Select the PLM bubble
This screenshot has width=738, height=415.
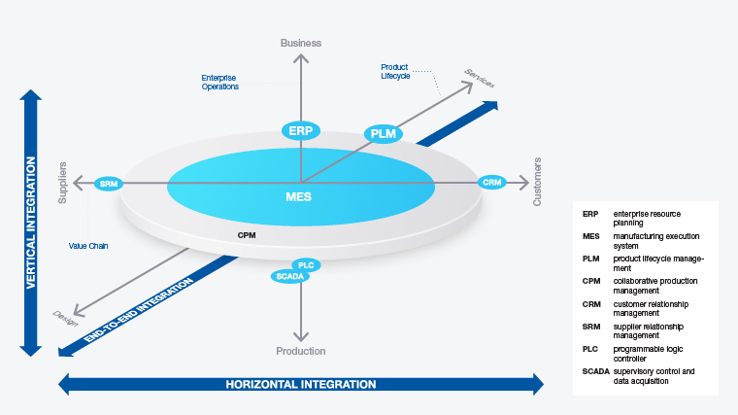(x=384, y=133)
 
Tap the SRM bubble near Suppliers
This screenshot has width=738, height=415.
(x=107, y=183)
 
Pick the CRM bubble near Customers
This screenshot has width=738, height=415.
(x=492, y=182)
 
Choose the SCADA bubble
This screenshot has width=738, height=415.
(x=290, y=277)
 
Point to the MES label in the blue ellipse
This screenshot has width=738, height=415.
(x=299, y=195)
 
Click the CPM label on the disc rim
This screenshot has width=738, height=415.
(x=247, y=235)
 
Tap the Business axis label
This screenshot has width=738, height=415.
(x=301, y=43)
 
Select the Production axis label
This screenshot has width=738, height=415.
(x=301, y=351)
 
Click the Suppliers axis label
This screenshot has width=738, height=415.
(x=63, y=182)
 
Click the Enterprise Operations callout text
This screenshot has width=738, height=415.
(x=219, y=81)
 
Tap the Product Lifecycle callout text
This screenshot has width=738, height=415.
(x=395, y=71)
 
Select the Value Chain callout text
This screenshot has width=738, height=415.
(x=88, y=246)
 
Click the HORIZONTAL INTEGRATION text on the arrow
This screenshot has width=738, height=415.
(x=301, y=384)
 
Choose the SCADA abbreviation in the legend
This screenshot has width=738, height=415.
(x=594, y=371)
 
